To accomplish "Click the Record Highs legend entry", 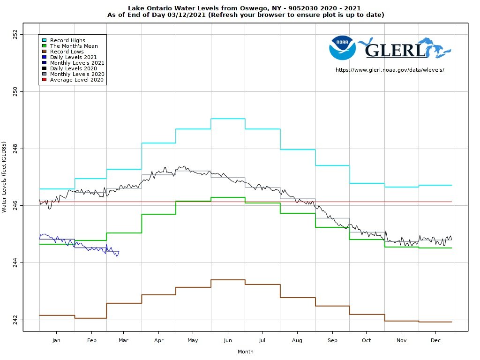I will click(67, 40).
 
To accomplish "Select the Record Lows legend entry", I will click(67, 52).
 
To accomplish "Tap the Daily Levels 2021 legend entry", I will click(73, 57).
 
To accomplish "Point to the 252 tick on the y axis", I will click(15, 34).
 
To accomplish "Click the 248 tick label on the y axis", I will click(15, 149).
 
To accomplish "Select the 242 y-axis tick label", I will click(15, 320).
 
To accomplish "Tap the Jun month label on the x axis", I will click(228, 340).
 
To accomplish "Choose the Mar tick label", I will click(124, 340).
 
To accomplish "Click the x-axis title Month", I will click(245, 352).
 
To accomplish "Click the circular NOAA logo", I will click(342, 47).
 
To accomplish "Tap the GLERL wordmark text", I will click(395, 50).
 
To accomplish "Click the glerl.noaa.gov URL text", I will click(390, 70).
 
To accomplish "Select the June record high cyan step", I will click(228, 119).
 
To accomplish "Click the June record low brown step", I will click(228, 280).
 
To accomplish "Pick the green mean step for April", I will click(158, 214).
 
